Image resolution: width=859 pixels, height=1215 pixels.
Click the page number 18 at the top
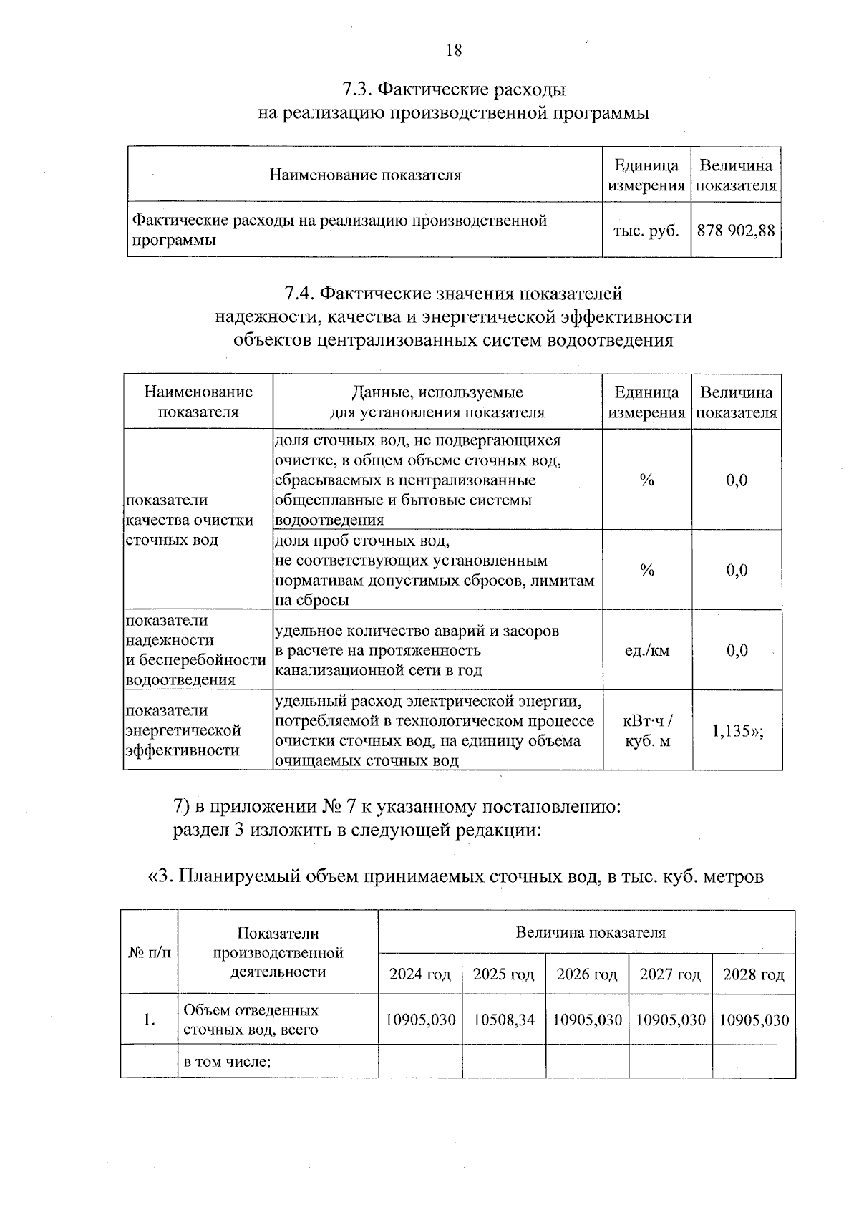click(454, 49)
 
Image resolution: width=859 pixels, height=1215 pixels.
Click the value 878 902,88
click(735, 231)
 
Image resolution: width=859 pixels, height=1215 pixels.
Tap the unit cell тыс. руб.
click(646, 231)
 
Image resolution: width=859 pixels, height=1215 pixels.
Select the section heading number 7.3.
click(356, 89)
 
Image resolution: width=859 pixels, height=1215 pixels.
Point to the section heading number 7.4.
click(299, 294)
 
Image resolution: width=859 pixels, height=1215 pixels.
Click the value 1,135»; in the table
click(737, 731)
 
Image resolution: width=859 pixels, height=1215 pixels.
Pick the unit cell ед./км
click(646, 650)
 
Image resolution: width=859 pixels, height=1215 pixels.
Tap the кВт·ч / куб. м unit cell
click(647, 731)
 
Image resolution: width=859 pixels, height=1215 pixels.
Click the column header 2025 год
click(503, 974)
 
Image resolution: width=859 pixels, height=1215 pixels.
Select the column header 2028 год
click(753, 974)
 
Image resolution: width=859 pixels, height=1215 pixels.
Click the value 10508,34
click(503, 1020)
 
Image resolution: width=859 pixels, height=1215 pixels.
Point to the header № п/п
click(149, 952)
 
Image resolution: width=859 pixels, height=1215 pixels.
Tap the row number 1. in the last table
click(149, 1020)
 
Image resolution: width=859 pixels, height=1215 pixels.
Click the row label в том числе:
click(227, 1061)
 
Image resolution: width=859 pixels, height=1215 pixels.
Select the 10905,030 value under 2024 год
click(420, 1020)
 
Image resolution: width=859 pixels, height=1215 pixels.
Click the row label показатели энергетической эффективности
click(184, 730)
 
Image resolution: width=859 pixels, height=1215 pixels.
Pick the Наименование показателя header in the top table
click(365, 175)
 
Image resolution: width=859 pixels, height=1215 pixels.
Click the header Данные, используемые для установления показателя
click(437, 402)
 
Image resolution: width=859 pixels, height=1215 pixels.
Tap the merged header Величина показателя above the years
click(590, 932)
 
